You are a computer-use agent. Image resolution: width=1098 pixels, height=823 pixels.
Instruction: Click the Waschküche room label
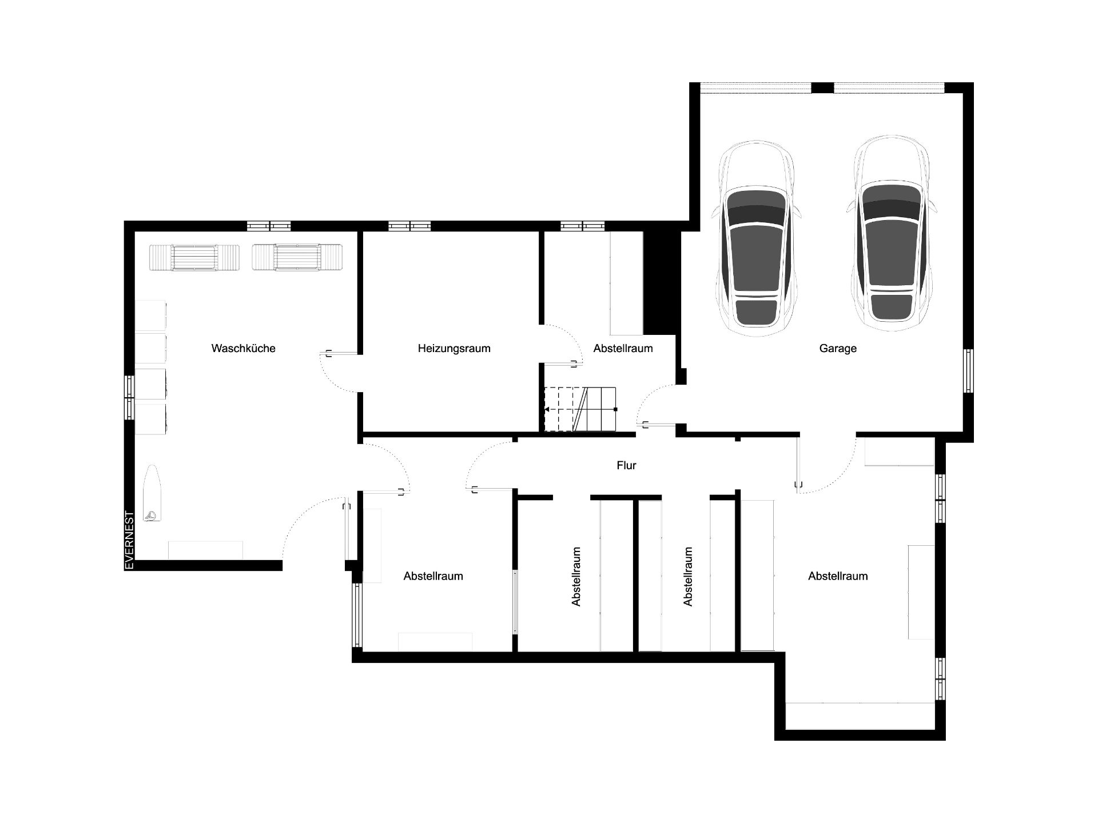point(243,348)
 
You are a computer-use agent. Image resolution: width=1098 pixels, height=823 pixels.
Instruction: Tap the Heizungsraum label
point(454,348)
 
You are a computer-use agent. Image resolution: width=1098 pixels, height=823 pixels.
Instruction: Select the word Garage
point(838,348)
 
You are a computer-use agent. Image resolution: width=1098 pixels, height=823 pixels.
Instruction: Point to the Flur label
point(626,465)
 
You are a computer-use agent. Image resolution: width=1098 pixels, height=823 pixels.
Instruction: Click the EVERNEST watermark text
point(129,540)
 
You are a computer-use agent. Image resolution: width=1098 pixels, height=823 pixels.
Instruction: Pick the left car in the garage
point(756,237)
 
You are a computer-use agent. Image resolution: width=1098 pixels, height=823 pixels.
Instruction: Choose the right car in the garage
point(892,234)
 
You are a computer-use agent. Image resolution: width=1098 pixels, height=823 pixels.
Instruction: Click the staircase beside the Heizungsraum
point(580,409)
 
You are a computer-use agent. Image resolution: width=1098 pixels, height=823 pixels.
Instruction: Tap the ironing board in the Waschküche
point(153,494)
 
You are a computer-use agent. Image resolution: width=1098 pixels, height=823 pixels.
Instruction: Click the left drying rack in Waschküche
point(194,257)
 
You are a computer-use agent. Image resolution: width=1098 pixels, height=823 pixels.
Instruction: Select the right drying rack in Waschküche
point(297,257)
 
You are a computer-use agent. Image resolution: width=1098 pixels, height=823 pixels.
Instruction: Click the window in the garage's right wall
point(968,370)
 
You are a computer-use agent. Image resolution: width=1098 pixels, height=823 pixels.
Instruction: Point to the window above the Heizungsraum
point(409,226)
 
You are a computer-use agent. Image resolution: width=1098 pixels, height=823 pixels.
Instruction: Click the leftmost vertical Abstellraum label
point(576,576)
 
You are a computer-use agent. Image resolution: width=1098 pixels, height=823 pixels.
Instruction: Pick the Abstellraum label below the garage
point(838,576)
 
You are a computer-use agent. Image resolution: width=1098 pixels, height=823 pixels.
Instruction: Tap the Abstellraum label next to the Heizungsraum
point(623,348)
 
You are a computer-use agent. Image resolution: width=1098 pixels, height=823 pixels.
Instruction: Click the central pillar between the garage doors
point(822,88)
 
